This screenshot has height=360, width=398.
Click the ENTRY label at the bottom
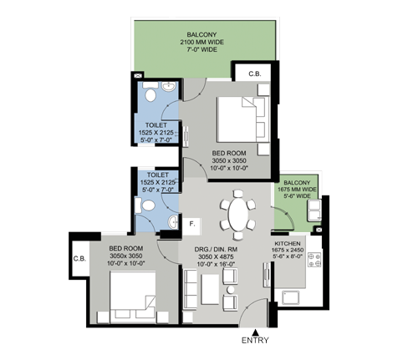point(255,340)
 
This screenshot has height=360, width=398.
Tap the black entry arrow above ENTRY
point(255,332)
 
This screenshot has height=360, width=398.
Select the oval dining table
point(238,214)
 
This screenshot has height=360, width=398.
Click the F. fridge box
point(191,226)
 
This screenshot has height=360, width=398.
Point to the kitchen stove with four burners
point(314,260)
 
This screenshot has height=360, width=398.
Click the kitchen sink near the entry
point(291,297)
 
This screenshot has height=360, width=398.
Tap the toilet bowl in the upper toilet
point(151,95)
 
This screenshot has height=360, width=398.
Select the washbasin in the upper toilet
point(169,86)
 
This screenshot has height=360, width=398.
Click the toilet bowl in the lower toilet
point(148,205)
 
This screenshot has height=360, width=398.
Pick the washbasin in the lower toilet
point(173,222)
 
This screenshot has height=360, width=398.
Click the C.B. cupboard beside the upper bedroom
point(254,74)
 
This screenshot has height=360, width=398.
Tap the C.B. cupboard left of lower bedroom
point(80,258)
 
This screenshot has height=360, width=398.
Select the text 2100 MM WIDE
point(202,42)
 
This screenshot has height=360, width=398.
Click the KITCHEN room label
point(288,244)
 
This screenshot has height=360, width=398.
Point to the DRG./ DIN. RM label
point(216,250)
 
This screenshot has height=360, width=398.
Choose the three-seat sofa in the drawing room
point(191,289)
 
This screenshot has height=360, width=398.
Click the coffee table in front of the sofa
point(210,289)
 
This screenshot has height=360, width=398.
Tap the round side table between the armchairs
point(231,290)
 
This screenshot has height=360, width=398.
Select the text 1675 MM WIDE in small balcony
point(297,190)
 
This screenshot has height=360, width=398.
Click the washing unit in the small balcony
point(314,210)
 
